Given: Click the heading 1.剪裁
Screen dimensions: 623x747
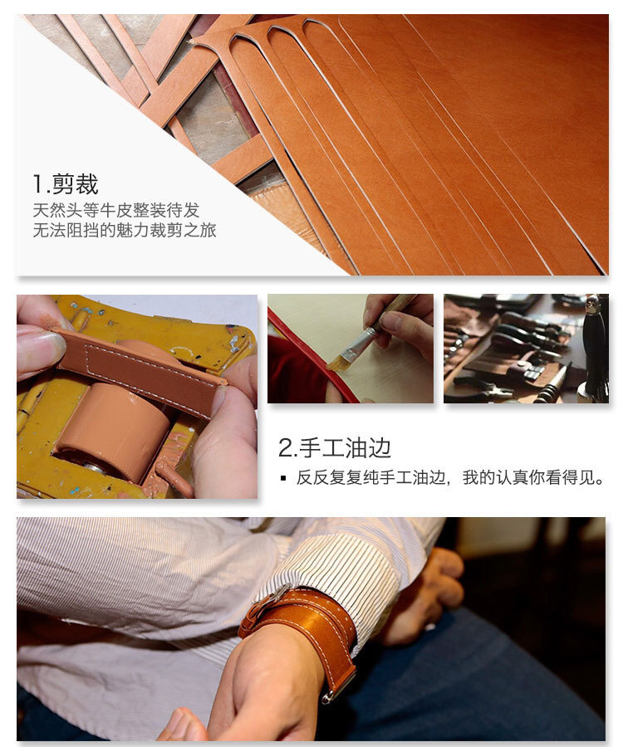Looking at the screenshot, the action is pos(66,184).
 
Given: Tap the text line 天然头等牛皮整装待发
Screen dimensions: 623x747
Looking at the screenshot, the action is pos(115,210).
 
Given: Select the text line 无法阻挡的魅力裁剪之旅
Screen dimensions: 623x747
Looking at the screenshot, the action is pos(125,230).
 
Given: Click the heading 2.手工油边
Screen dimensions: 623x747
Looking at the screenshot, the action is pos(335,448).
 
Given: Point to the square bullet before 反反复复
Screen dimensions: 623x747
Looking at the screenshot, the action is pos(283,478).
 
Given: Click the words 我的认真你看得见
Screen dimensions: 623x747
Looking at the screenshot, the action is pos(533,477).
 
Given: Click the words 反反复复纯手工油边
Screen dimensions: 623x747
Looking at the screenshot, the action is pos(370,477).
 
